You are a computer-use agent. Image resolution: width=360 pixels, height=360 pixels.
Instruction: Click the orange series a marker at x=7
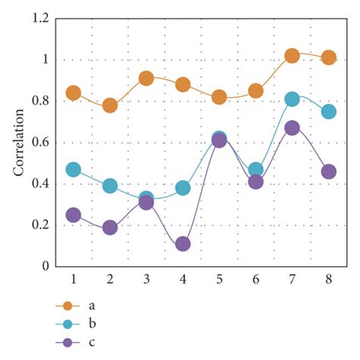[x=292, y=55]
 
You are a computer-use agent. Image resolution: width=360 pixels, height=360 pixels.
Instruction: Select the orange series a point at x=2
[x=110, y=105]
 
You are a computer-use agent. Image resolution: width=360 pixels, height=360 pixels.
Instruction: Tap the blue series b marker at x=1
[x=74, y=169]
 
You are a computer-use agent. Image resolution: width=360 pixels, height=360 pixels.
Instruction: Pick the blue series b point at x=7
[x=292, y=99]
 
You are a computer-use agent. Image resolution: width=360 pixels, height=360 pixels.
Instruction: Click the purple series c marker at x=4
[x=183, y=244]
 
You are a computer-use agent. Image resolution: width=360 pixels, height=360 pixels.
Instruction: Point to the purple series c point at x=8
[x=329, y=172]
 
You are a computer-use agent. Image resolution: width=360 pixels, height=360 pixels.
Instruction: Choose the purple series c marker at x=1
[x=74, y=215]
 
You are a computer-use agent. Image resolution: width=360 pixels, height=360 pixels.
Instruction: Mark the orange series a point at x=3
[x=147, y=78]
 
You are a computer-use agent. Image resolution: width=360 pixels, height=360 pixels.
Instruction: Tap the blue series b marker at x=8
[x=329, y=112]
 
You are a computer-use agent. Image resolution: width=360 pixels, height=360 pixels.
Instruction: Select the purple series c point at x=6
[x=256, y=182]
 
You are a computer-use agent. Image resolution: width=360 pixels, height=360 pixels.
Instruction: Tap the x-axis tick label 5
[x=219, y=279]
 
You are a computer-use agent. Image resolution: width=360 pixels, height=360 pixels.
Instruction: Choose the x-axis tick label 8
[x=329, y=279]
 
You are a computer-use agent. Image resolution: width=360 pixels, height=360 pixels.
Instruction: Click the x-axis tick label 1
[x=74, y=279]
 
